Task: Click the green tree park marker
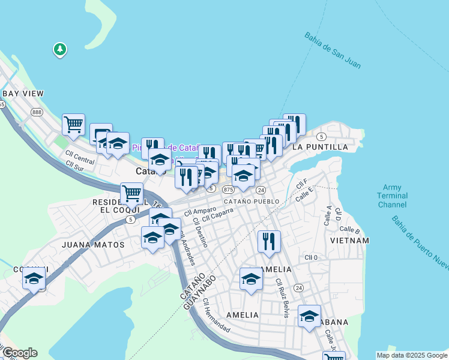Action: pos(59,49)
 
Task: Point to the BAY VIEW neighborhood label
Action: pos(23,94)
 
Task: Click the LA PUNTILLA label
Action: pos(320,147)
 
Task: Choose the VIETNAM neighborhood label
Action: pos(349,241)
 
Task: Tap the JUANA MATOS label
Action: pos(94,245)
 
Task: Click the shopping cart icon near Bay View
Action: pos(73,124)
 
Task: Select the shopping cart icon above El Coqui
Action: pos(131,193)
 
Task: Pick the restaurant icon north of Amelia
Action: pos(269,241)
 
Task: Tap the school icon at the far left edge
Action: pos(34,279)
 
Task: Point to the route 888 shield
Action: pos(37,112)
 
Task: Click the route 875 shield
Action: pos(228,189)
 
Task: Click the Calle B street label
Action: pos(349,229)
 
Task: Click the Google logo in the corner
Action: pos(19,353)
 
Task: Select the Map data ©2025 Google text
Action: pos(411,355)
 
